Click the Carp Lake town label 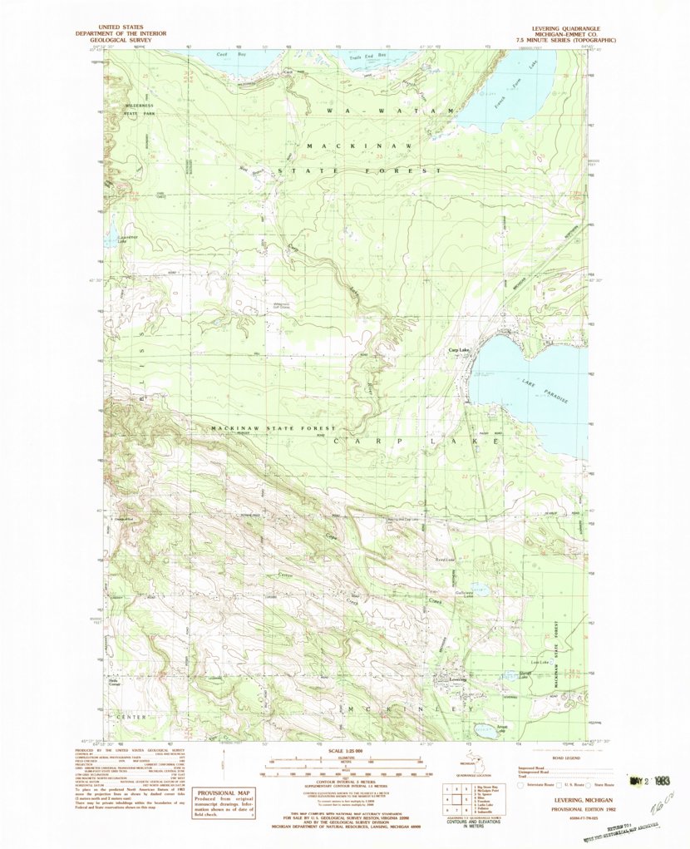(460, 350)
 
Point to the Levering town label (459, 679)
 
